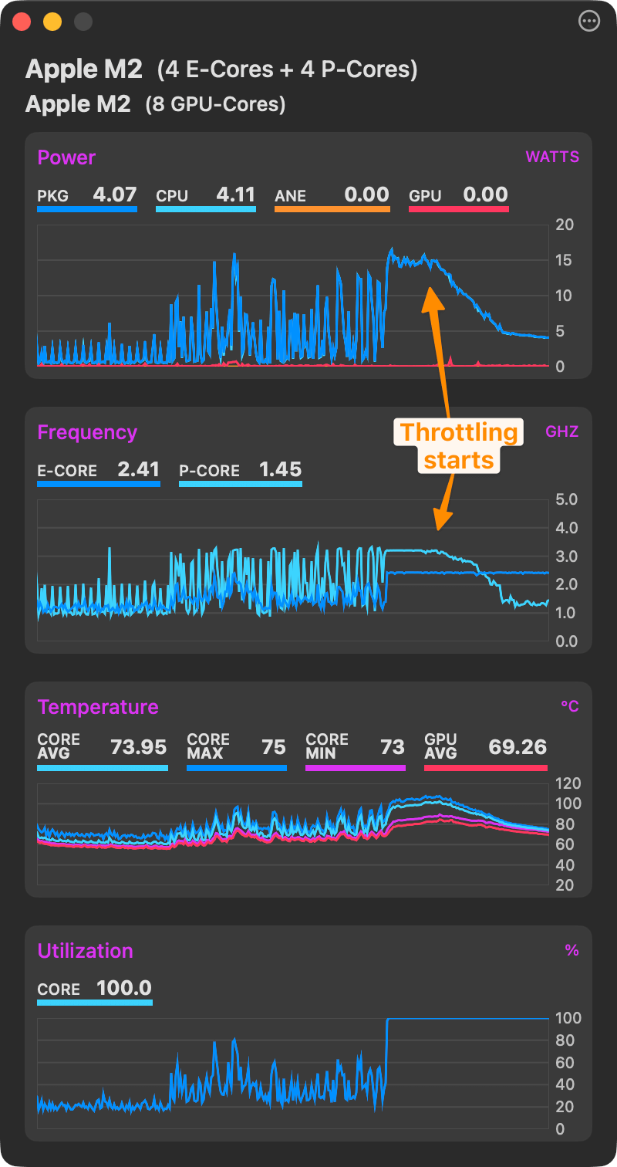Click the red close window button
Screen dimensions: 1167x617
[x=22, y=22]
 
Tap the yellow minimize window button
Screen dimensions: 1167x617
[x=52, y=22]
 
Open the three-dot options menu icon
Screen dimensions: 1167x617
[x=588, y=22]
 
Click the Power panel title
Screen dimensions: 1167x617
[x=66, y=157]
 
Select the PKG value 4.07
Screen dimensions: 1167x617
[x=114, y=194]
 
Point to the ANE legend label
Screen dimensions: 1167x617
[x=290, y=196]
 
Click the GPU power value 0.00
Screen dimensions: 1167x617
[x=485, y=194]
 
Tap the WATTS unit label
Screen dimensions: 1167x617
[x=552, y=157]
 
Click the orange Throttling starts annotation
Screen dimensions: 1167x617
[x=459, y=446]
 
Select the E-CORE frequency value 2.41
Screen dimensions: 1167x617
[x=138, y=469]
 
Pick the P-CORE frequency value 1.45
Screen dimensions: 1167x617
[x=280, y=469]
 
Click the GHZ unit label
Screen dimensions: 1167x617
[x=562, y=432]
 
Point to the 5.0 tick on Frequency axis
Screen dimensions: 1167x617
[x=566, y=499]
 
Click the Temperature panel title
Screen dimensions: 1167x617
[x=98, y=707]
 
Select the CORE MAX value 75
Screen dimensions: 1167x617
[x=273, y=747]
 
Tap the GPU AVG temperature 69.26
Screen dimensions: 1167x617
[x=518, y=747]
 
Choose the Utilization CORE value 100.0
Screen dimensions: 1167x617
[x=123, y=988]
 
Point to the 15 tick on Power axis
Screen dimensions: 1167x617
[x=564, y=260]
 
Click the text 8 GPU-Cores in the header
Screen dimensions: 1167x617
[x=215, y=104]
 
